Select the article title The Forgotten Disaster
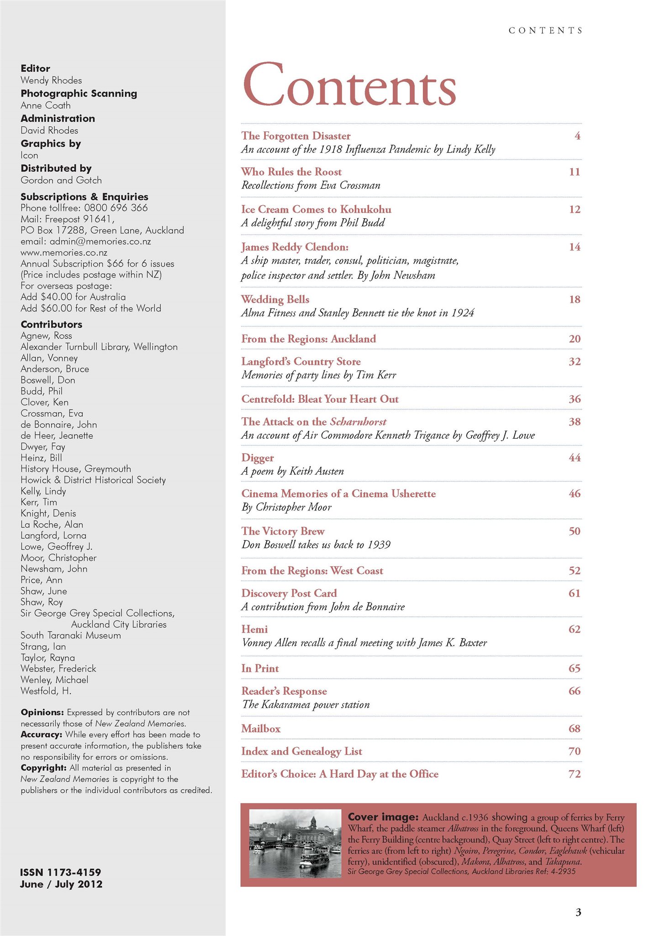click(x=296, y=136)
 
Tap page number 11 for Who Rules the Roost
click(x=574, y=172)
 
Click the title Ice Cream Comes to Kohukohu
click(x=316, y=209)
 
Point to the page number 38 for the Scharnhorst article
click(x=574, y=421)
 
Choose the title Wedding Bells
click(x=275, y=299)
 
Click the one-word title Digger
click(x=258, y=457)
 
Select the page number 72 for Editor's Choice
click(x=574, y=774)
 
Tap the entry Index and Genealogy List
click(x=301, y=751)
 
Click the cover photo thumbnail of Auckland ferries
click(x=295, y=843)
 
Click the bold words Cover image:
click(x=383, y=817)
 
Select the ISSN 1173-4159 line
click(x=60, y=872)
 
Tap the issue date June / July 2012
click(x=61, y=884)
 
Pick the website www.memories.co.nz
click(x=64, y=252)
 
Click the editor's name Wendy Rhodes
click(x=51, y=80)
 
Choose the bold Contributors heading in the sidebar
click(x=51, y=324)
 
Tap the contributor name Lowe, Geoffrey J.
click(x=57, y=547)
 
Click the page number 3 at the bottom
click(x=578, y=912)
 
